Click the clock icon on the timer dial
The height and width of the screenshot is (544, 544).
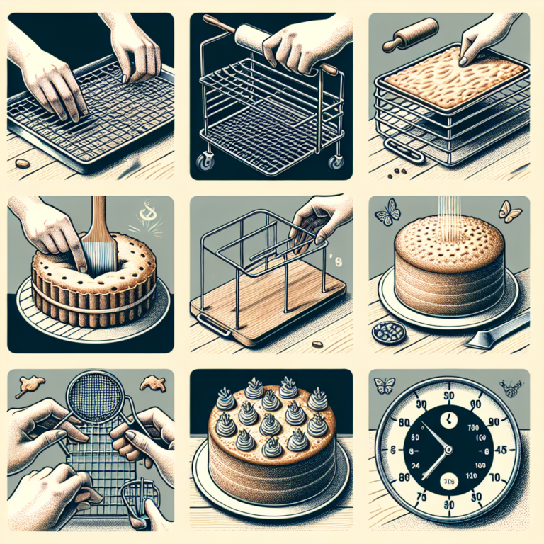coord(447,420)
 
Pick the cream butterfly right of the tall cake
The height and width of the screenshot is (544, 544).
coord(509,209)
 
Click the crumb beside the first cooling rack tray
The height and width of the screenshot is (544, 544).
coord(23,164)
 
